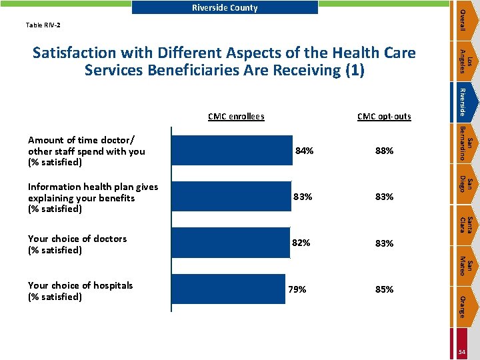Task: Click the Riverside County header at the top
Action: [x=225, y=8]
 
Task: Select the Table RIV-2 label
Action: [x=43, y=25]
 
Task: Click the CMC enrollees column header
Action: [x=236, y=117]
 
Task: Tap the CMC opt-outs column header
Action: [x=384, y=117]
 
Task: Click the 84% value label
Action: [x=304, y=151]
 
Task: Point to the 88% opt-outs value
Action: [x=384, y=151]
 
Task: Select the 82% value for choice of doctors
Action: [x=301, y=243]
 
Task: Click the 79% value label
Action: [x=297, y=289]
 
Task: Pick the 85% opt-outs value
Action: [x=384, y=289]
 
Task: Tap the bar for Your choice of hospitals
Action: [x=228, y=290]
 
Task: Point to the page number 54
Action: [x=461, y=351]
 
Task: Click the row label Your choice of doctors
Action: [x=77, y=244]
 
